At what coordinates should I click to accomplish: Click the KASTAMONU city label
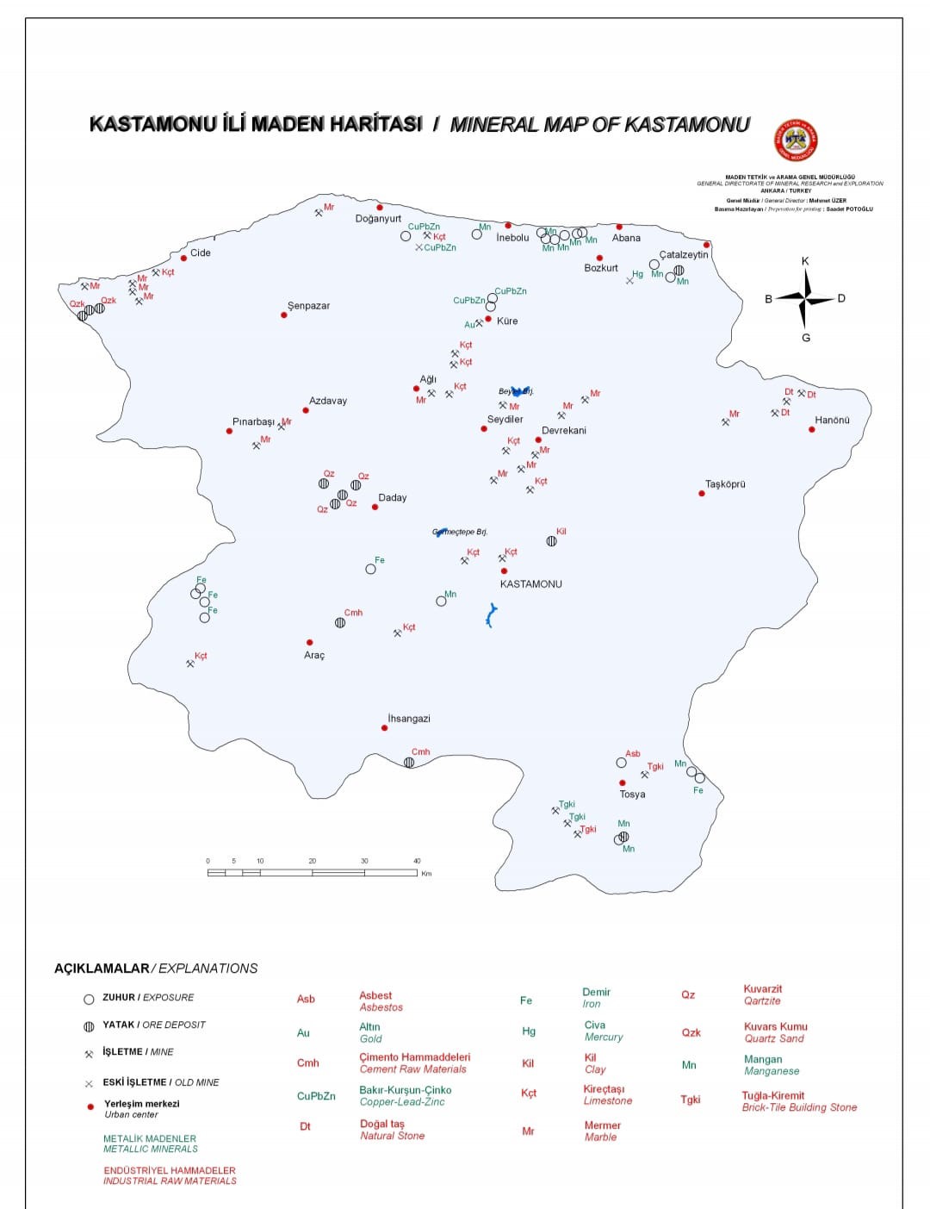click(x=530, y=584)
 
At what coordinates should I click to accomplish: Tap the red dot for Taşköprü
click(x=702, y=494)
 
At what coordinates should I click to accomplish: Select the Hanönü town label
click(x=832, y=421)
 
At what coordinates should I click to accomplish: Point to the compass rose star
click(x=805, y=298)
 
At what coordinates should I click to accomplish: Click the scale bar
click(x=313, y=873)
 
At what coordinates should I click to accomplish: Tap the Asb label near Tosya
click(x=633, y=754)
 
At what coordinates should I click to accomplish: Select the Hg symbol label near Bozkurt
click(x=637, y=275)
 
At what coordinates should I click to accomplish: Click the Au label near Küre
click(x=470, y=325)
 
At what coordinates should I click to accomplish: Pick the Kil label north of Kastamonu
click(x=561, y=532)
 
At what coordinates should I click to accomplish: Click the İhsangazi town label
click(x=409, y=719)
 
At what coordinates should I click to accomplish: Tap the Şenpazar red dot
click(x=284, y=315)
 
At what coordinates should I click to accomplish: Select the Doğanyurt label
click(x=378, y=219)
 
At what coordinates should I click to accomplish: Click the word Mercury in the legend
click(x=603, y=1038)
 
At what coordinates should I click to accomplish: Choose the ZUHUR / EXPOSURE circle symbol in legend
click(x=89, y=1000)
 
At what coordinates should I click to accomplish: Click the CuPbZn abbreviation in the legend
click(x=316, y=1096)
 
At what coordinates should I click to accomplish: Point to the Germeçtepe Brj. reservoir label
click(x=461, y=532)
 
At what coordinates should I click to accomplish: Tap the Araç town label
click(x=314, y=656)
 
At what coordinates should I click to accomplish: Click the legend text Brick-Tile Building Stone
click(x=799, y=1107)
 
